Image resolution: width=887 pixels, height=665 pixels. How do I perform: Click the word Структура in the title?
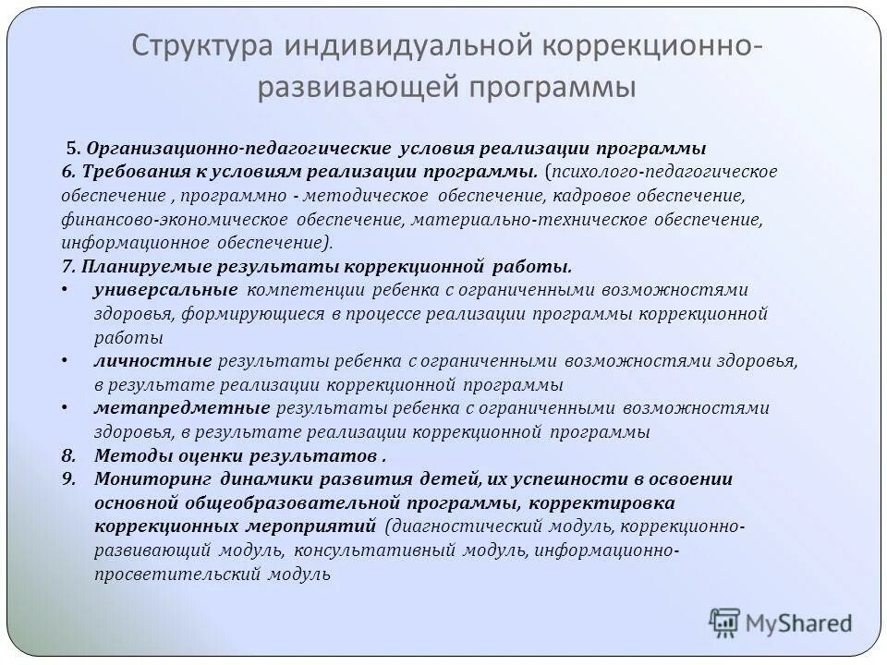(197, 45)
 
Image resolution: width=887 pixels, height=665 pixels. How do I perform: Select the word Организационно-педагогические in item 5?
(240, 149)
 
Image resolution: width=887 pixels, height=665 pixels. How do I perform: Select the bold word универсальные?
(165, 291)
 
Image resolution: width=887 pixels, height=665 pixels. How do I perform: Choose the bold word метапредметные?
(181, 408)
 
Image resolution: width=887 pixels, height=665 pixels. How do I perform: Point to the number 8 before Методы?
(67, 456)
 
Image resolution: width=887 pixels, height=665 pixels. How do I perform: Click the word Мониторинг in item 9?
(153, 479)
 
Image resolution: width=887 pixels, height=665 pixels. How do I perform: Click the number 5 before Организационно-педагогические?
(69, 149)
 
